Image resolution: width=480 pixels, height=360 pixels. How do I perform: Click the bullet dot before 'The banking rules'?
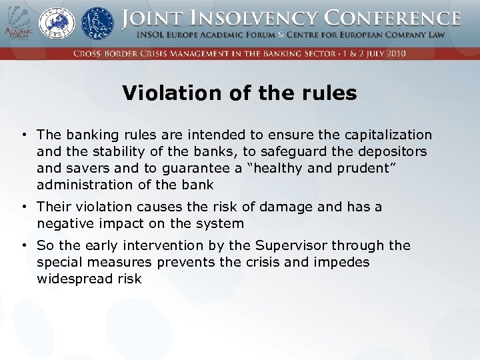point(23,135)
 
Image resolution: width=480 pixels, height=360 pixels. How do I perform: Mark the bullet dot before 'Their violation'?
point(23,207)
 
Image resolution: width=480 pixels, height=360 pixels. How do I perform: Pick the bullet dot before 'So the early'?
point(23,246)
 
